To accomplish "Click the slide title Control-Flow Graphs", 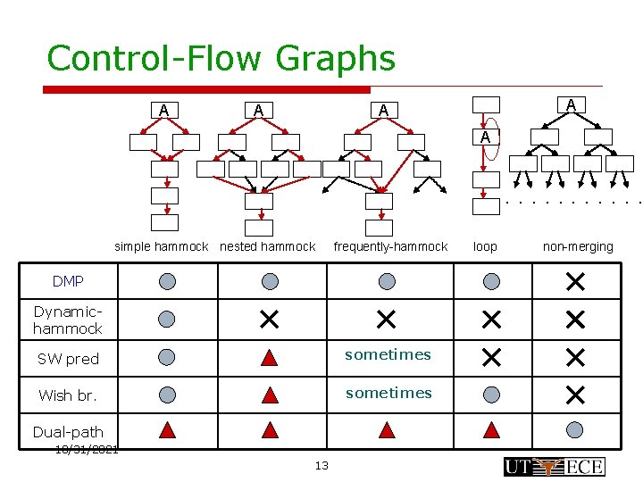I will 221,58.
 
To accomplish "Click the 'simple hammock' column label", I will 161,246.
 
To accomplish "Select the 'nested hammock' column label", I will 268,246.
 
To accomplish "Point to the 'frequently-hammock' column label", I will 390,246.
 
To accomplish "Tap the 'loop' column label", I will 485,246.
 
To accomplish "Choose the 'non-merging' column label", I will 578,246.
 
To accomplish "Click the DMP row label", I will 68,281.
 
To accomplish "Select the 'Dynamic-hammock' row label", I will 68,320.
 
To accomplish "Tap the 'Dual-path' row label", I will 68,432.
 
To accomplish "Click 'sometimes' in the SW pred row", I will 388,354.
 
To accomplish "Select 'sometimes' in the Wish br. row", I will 388,393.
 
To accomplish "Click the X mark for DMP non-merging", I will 574,282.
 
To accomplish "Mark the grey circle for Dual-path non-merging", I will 575,430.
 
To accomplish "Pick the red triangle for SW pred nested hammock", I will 270,358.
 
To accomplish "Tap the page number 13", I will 321,465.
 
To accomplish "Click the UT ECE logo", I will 554,466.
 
